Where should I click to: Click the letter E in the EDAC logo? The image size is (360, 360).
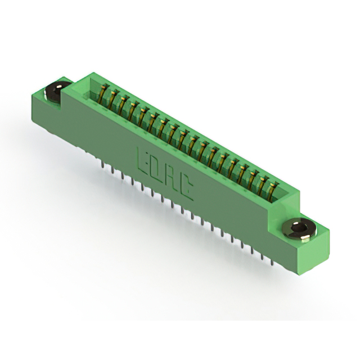coord(142,158)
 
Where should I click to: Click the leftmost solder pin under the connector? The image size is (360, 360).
coord(103,164)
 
